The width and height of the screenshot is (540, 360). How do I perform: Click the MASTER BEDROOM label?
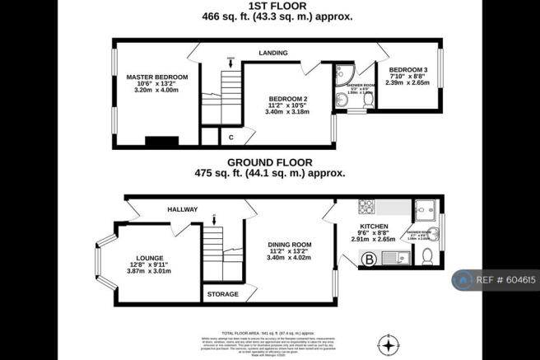(x=156, y=77)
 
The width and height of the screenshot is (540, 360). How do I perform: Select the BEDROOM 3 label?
(x=407, y=69)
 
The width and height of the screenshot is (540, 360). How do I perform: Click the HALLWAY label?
(x=182, y=210)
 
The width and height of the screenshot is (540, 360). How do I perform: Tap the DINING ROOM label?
(x=289, y=245)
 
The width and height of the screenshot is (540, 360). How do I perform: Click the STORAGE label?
(x=222, y=294)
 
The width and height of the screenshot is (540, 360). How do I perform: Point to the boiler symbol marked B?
(x=370, y=260)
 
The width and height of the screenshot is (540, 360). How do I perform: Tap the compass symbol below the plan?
(x=389, y=342)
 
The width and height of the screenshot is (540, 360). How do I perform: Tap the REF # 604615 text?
(x=501, y=281)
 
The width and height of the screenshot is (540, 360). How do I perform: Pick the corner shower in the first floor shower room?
(x=342, y=73)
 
